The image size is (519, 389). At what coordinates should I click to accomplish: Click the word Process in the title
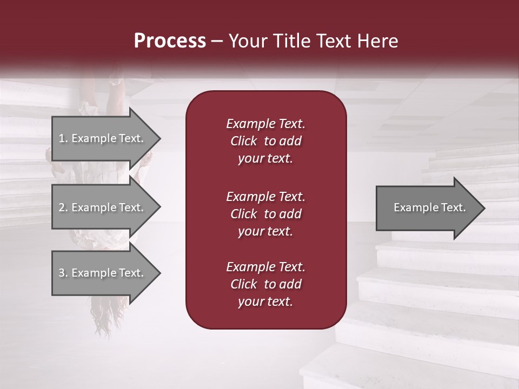[170, 41]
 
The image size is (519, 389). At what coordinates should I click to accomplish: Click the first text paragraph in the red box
[265, 141]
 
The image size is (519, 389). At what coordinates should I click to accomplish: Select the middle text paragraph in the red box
[265, 214]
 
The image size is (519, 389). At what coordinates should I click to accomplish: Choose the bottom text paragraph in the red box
[265, 284]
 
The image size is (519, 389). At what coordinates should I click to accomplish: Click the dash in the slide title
[217, 42]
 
